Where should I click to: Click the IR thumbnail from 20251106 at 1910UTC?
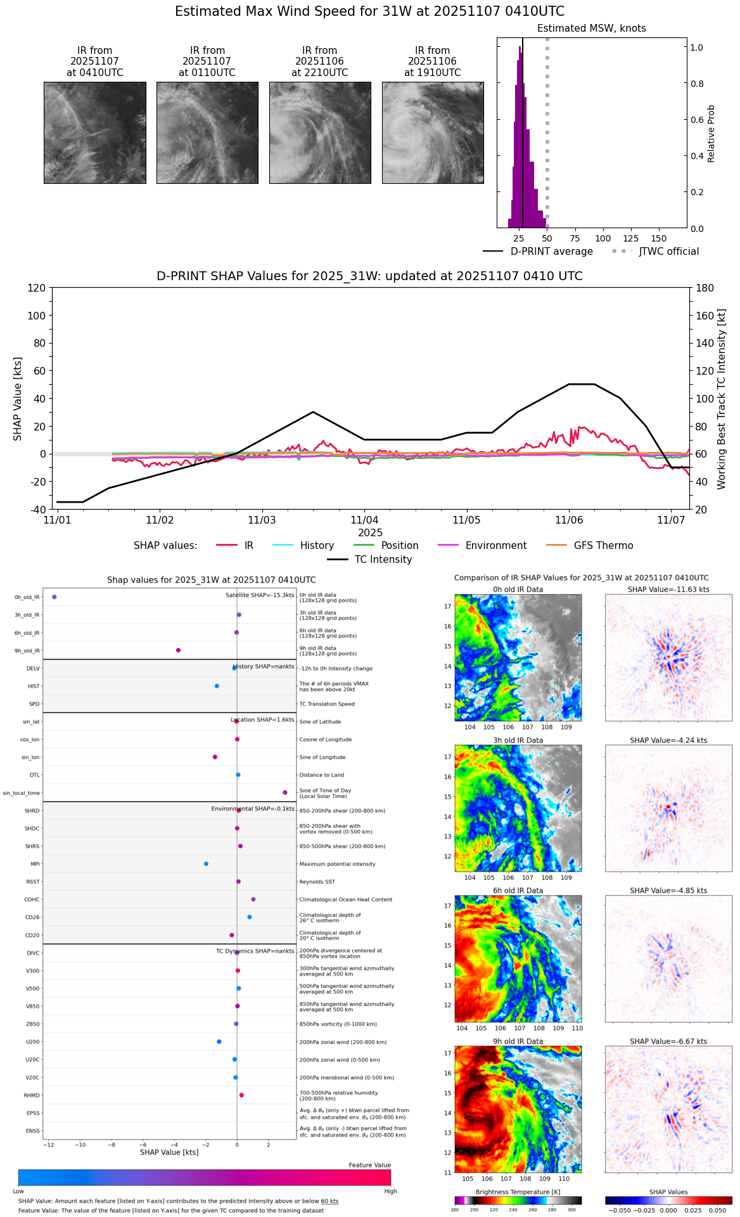[433, 132]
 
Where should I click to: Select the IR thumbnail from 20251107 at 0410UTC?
[95, 132]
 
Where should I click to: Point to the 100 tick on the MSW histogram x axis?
[603, 238]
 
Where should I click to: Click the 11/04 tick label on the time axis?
[364, 520]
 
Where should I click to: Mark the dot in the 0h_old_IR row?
[54, 597]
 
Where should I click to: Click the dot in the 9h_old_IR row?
[178, 650]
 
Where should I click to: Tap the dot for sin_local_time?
[285, 792]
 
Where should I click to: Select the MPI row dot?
[206, 864]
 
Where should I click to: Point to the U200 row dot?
[219, 1041]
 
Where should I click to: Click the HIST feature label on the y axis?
[34, 686]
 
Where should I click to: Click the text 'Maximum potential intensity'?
[337, 864]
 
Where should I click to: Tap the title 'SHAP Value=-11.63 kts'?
[668, 589]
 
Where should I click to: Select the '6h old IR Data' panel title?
[518, 891]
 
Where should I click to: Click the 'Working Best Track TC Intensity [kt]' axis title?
[722, 399]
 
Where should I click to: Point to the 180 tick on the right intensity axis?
[705, 288]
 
